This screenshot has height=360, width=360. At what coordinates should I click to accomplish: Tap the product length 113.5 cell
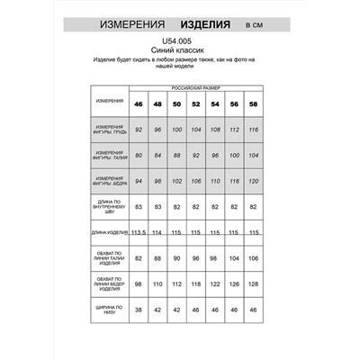[x=139, y=233]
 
